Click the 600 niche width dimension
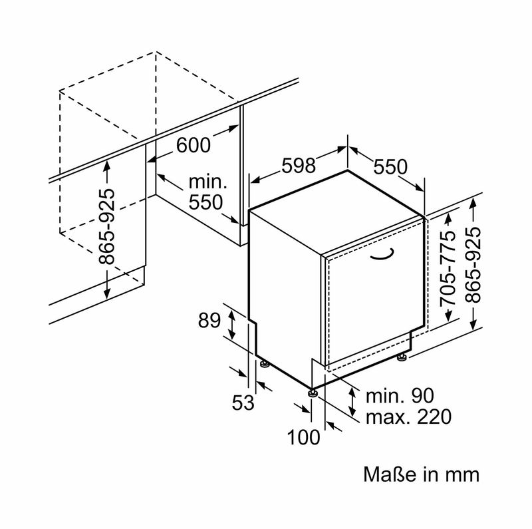click(194, 145)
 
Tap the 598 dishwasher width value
click(298, 166)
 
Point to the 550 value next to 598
click(390, 168)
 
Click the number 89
click(209, 321)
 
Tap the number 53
click(243, 402)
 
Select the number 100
click(304, 437)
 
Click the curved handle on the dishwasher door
click(382, 254)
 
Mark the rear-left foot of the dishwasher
click(265, 364)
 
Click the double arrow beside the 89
click(231, 325)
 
